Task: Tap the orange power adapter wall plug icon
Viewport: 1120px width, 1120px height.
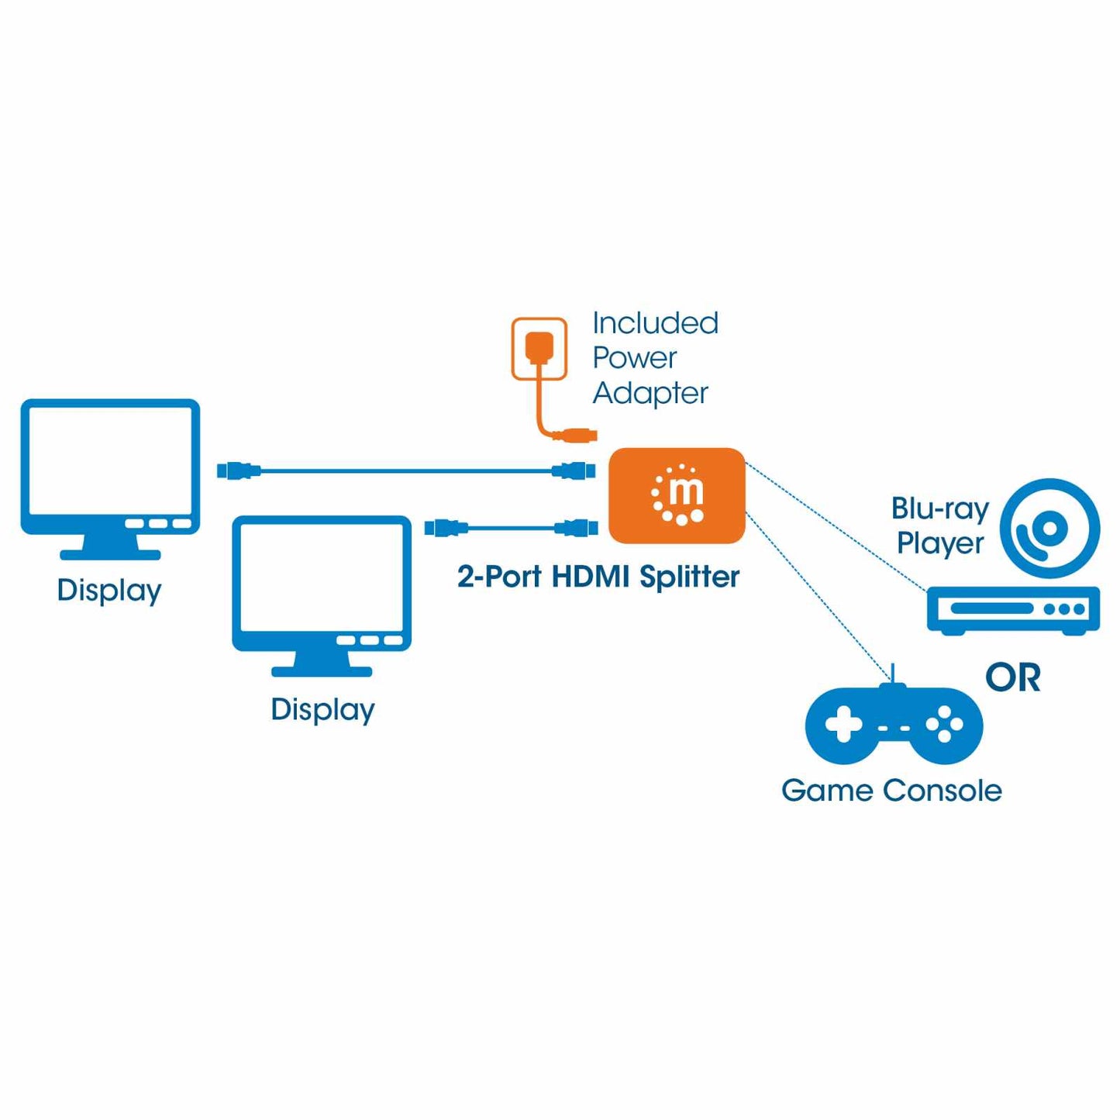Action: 539,348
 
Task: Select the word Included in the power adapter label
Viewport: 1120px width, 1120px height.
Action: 655,323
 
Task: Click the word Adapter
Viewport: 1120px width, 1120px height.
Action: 650,393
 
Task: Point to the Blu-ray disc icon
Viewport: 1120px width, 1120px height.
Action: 1049,529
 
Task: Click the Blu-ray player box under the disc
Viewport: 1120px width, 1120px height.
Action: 1013,609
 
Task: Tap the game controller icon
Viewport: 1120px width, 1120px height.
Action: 894,725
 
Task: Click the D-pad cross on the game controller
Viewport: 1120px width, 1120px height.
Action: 843,725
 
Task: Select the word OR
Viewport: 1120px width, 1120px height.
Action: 1012,677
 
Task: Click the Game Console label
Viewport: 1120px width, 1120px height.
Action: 891,791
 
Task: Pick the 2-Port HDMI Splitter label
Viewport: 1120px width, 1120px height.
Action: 598,577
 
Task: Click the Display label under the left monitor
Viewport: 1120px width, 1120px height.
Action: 109,591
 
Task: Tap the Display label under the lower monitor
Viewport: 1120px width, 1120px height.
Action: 322,710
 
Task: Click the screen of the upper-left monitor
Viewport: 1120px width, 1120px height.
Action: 110,461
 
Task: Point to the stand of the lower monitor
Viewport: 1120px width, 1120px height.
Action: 322,663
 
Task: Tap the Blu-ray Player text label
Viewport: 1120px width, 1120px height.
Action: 940,526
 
